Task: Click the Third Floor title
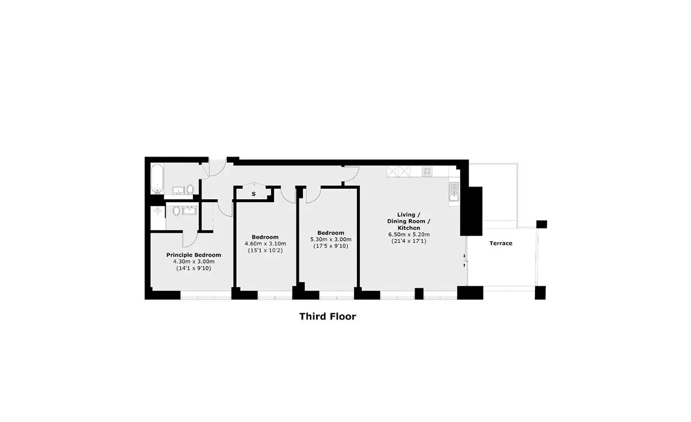328,317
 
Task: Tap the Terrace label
500,243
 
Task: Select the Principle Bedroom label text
193,255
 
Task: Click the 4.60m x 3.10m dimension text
265,244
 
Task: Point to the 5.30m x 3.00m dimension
331,239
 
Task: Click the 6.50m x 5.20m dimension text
409,234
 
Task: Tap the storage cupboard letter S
253,194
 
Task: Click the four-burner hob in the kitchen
427,171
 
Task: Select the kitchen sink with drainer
454,192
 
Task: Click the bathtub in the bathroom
157,179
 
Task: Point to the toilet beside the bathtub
190,189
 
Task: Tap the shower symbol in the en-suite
158,211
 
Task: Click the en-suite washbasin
189,211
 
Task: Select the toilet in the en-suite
176,211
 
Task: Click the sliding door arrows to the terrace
465,261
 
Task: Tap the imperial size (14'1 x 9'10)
193,268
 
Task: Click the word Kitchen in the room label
409,228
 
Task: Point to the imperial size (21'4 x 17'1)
409,241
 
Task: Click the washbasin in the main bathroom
179,191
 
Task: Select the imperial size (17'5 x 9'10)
331,246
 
